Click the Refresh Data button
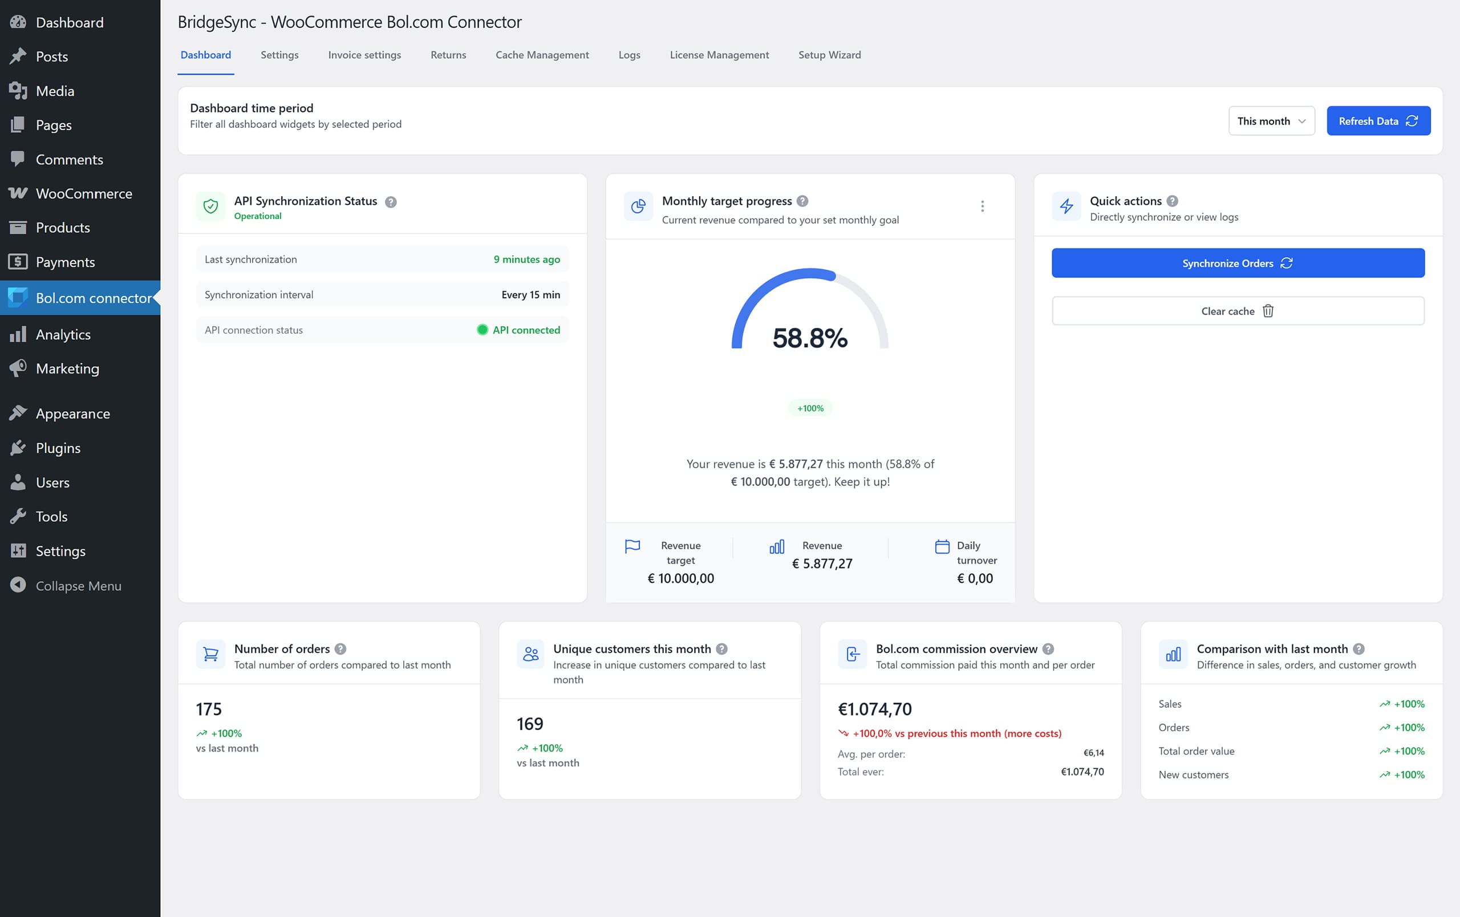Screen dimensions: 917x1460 (1377, 120)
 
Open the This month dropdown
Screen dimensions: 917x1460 (1271, 120)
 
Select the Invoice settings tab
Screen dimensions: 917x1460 (364, 55)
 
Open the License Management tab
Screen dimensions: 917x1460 (719, 55)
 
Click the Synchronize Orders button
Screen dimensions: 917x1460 (1238, 263)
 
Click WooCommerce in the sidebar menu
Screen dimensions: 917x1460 (84, 193)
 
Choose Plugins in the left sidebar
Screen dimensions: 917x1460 (58, 448)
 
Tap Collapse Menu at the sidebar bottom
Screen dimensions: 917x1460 (78, 586)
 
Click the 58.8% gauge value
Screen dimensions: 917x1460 (809, 338)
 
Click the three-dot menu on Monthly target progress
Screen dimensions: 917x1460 (982, 206)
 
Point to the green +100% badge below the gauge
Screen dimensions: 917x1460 (810, 408)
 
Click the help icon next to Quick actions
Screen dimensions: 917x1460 (1172, 201)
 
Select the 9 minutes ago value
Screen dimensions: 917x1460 (526, 259)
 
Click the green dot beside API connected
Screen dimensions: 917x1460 (482, 330)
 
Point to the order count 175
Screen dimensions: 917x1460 (209, 708)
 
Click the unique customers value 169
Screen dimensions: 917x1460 (529, 724)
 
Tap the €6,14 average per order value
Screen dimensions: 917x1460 (1093, 753)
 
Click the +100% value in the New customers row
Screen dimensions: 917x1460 (1409, 774)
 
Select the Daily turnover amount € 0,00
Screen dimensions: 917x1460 (974, 578)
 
